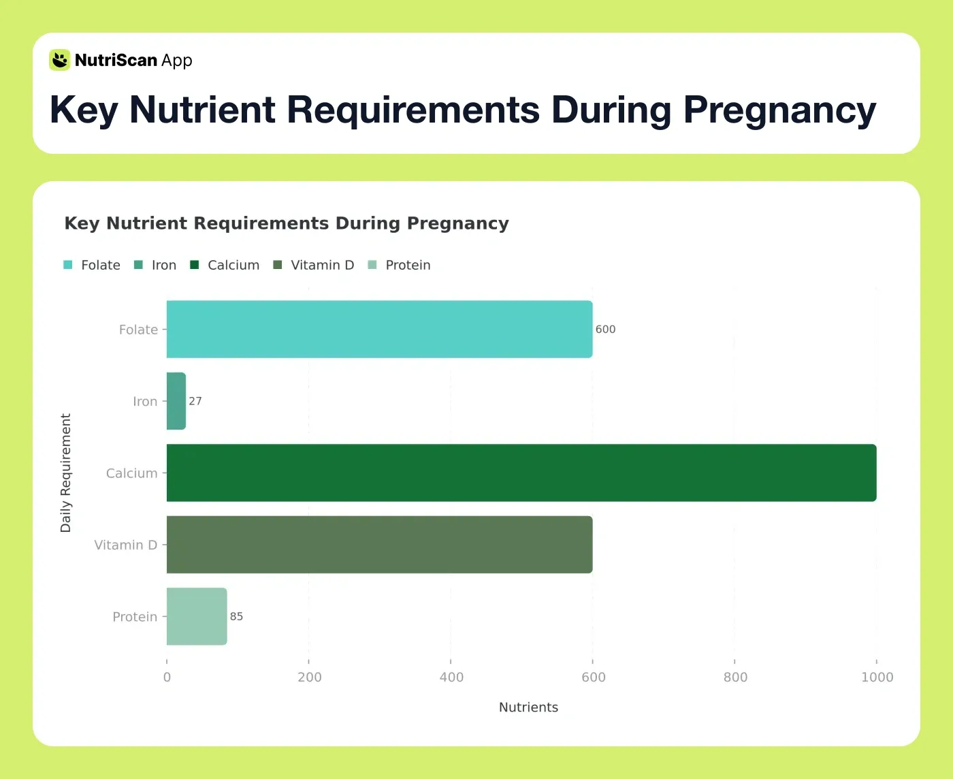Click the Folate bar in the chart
[x=379, y=330]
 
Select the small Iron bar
[x=176, y=401]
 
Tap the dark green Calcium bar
[x=521, y=473]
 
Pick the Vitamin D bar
[x=379, y=545]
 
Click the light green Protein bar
[x=197, y=616]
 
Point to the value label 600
[x=605, y=330]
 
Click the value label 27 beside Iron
[x=195, y=401]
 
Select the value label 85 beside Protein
[x=236, y=616]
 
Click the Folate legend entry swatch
[x=68, y=265]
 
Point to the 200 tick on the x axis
[x=310, y=677]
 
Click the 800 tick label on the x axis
[x=735, y=677]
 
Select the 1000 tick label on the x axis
[x=877, y=677]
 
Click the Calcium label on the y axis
[x=131, y=473]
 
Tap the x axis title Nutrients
[x=528, y=707]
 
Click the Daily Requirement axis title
[x=66, y=473]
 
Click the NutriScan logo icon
[x=60, y=60]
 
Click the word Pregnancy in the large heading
[x=779, y=110]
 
